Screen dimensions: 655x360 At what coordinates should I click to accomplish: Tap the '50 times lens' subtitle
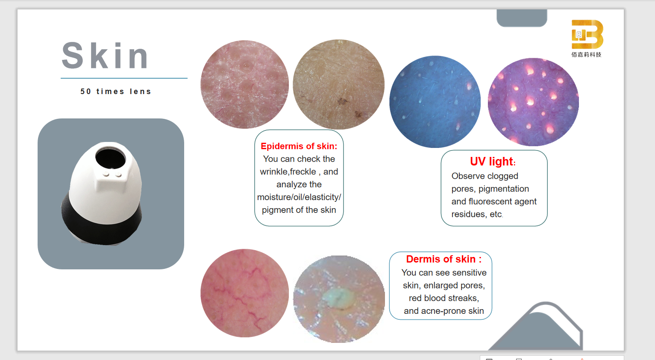(116, 91)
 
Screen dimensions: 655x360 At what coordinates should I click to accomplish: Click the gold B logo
(587, 34)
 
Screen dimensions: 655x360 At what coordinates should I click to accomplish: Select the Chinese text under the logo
(586, 55)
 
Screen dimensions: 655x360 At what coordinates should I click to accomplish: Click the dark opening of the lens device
(111, 158)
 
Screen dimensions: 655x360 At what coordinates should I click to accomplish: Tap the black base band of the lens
(101, 222)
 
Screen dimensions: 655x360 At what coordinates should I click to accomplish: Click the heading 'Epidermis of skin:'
(299, 146)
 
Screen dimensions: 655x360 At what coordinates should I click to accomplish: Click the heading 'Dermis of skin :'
(444, 259)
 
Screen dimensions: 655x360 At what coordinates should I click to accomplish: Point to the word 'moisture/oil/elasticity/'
(299, 197)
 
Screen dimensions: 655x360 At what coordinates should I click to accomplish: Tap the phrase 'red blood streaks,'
(444, 298)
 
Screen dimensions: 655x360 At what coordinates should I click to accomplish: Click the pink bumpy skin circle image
(244, 84)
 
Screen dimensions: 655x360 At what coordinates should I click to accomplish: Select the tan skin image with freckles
(339, 84)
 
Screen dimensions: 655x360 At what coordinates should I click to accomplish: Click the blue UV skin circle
(435, 102)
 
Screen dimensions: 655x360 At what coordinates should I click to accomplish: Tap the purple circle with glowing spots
(533, 102)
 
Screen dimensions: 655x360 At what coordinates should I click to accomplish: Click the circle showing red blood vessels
(244, 293)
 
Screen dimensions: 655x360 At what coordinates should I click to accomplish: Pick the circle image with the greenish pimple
(339, 299)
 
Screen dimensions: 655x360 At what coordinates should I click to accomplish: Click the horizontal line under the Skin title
(124, 78)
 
